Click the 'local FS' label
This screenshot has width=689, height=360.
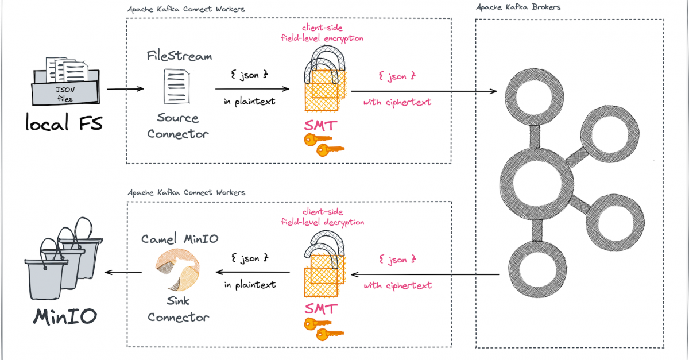pyautogui.click(x=64, y=123)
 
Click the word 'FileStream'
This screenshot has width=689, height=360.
pyautogui.click(x=179, y=56)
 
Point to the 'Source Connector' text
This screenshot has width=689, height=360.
pyautogui.click(x=178, y=126)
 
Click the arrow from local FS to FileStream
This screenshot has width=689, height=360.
pyautogui.click(x=125, y=89)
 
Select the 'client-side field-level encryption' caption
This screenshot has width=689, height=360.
pyautogui.click(x=322, y=34)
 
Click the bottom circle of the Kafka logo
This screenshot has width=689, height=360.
pyautogui.click(x=535, y=268)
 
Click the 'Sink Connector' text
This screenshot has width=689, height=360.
pyautogui.click(x=178, y=309)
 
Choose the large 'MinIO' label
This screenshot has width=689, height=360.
pyautogui.click(x=64, y=316)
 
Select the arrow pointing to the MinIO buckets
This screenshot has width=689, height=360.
pyautogui.click(x=124, y=273)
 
